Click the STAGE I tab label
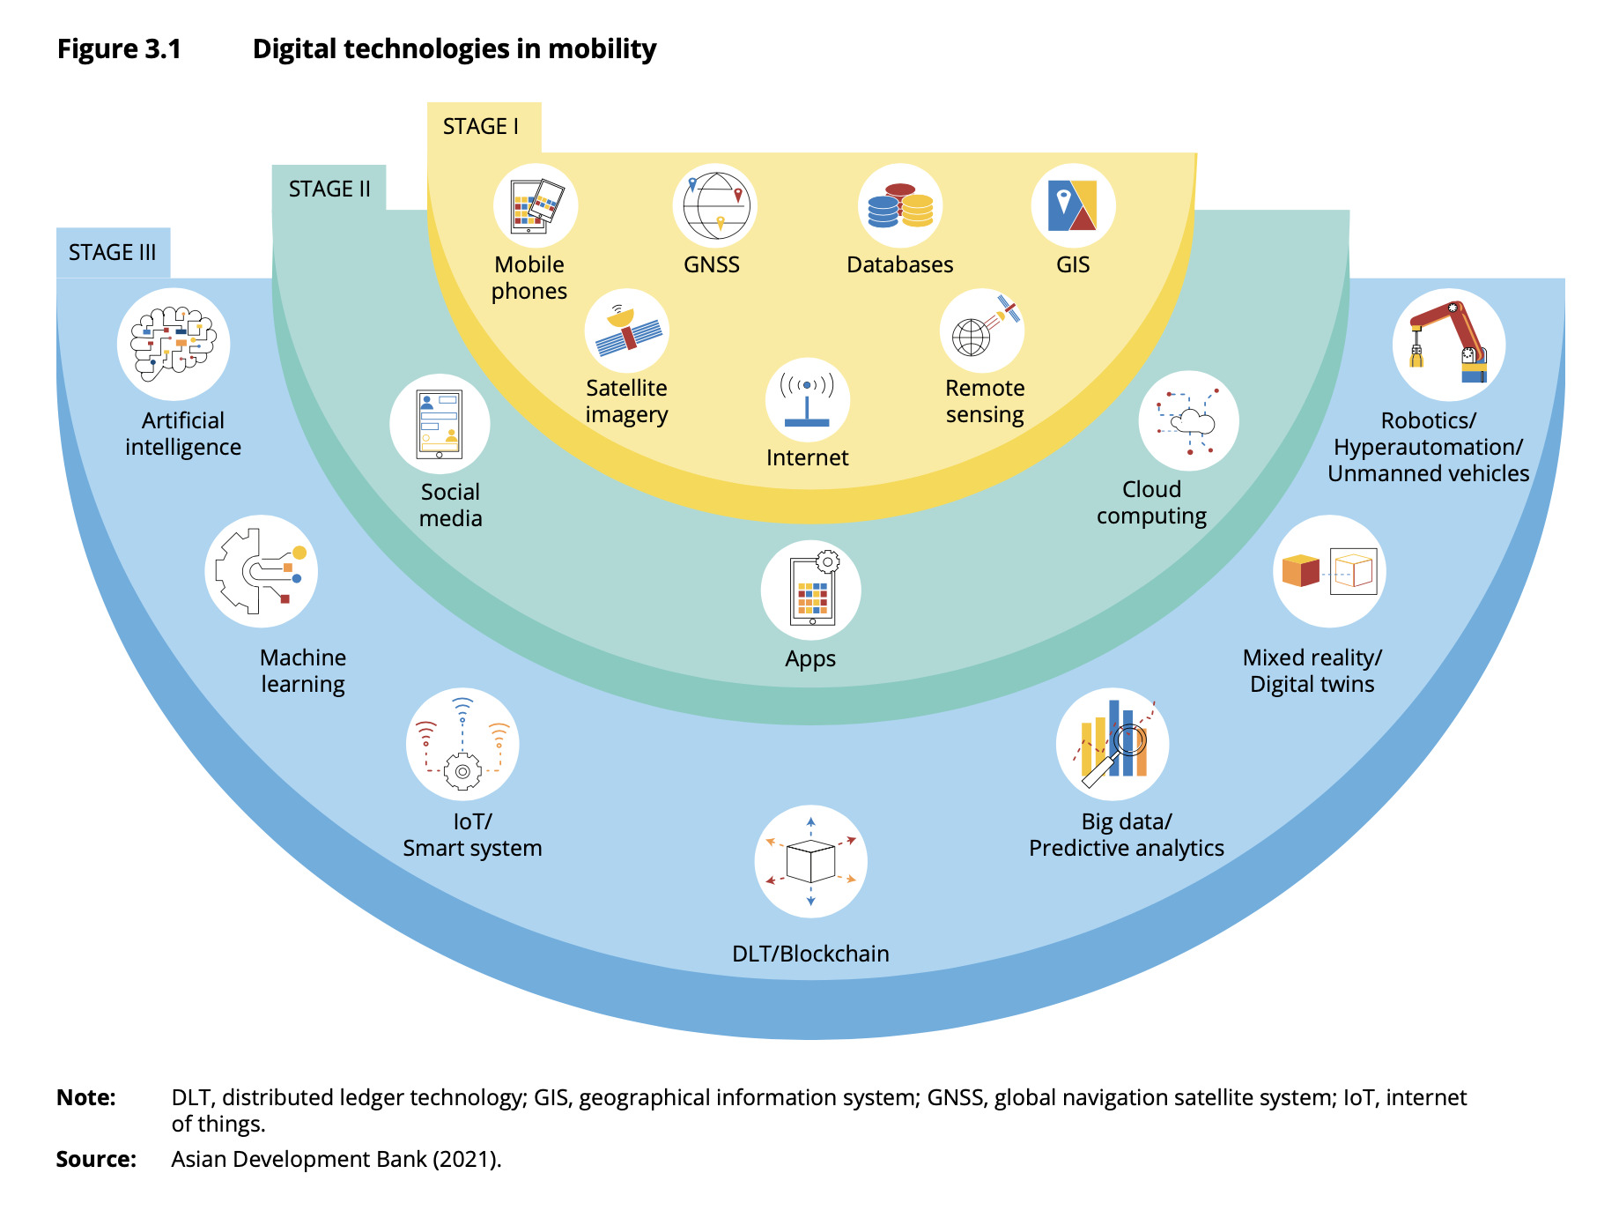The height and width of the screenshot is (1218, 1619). [481, 127]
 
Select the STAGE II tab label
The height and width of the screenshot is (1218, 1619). [329, 189]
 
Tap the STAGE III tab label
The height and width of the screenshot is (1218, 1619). [112, 253]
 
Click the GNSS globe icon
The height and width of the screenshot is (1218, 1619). [715, 206]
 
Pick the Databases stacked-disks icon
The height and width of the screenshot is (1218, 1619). [900, 206]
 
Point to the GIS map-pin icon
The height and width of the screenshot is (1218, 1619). [1073, 206]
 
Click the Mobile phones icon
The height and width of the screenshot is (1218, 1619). [535, 206]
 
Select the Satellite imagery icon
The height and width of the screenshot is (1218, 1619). [626, 331]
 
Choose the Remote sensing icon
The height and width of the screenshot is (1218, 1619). [982, 331]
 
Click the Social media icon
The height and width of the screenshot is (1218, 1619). [440, 425]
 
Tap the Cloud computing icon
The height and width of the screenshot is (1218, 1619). [1188, 420]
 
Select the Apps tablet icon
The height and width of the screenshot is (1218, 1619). [811, 590]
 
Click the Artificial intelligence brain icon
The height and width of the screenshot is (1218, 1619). [174, 344]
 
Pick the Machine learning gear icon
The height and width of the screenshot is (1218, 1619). [261, 571]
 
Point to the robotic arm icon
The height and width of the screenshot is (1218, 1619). [1449, 344]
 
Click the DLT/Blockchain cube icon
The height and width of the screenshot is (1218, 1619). [810, 861]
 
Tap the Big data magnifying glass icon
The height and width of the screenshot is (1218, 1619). [1113, 744]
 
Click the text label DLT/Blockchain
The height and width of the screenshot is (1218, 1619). [810, 954]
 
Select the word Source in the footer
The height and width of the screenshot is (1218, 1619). [96, 1159]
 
